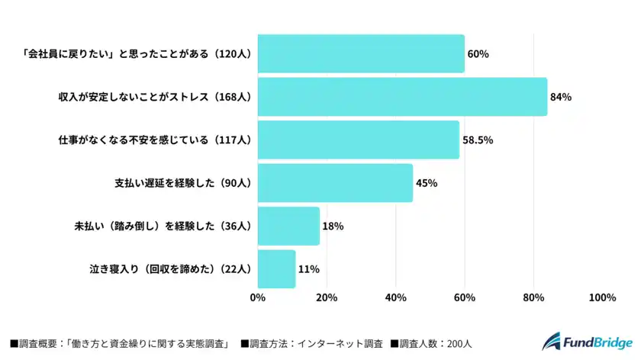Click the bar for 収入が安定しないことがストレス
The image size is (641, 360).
click(x=402, y=97)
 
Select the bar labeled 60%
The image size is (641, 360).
click(x=361, y=54)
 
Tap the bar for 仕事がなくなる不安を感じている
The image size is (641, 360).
click(x=359, y=140)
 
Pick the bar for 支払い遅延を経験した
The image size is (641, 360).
click(x=335, y=183)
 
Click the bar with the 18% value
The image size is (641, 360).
click(x=288, y=226)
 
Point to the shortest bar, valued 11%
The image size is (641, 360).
click(x=276, y=268)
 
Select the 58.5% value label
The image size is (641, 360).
click(x=478, y=140)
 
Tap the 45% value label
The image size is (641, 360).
click(x=427, y=183)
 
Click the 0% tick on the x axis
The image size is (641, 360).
click(x=258, y=297)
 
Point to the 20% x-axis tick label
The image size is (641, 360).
click(x=327, y=297)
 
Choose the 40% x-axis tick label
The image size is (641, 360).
click(x=395, y=297)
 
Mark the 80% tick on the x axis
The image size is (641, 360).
click(x=533, y=297)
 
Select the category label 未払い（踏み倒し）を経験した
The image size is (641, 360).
click(x=162, y=226)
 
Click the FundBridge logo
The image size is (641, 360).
click(x=587, y=343)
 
